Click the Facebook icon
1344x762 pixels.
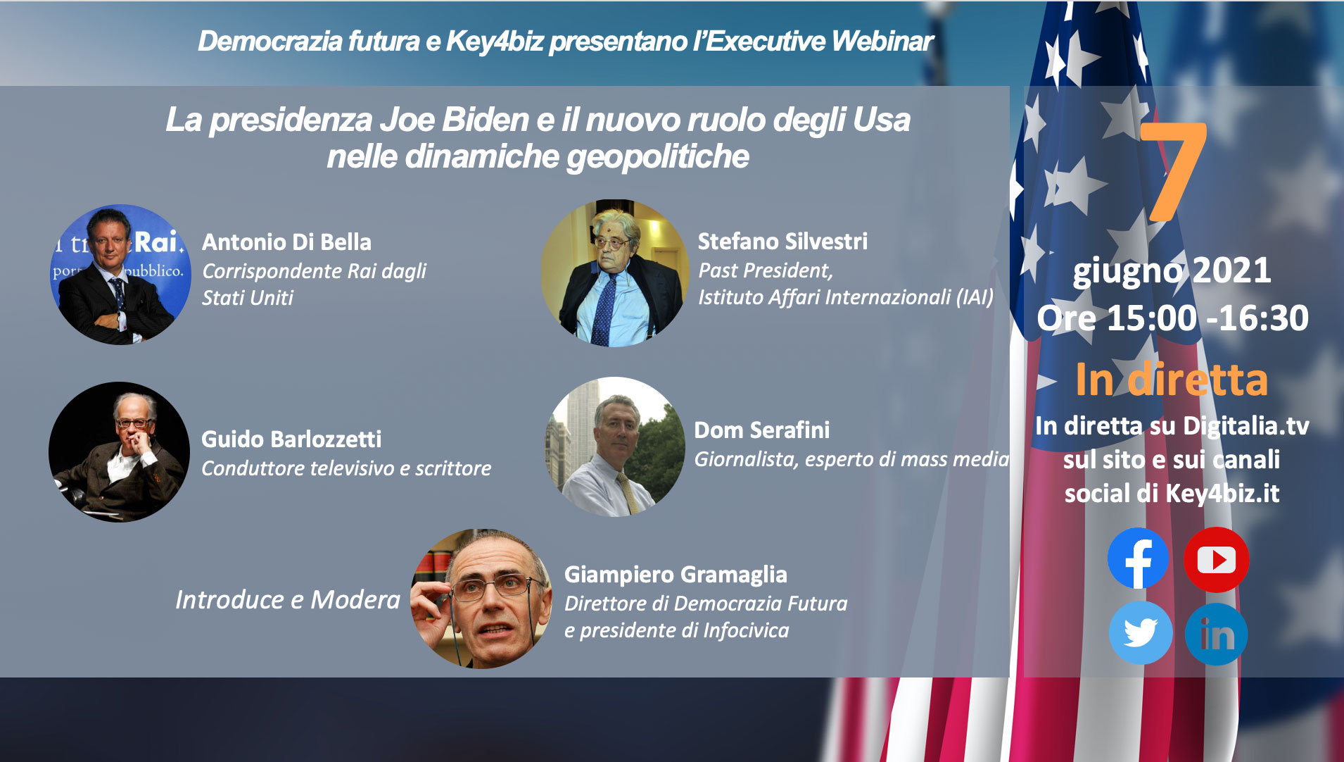tap(1138, 558)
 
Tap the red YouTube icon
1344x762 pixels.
tap(1216, 560)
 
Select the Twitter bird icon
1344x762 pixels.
tap(1141, 632)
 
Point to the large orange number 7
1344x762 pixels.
tap(1173, 171)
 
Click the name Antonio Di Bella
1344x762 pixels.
tap(286, 242)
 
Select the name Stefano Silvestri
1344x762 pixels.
tap(782, 242)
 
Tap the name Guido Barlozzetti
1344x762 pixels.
tap(291, 439)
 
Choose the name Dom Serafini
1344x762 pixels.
tap(761, 430)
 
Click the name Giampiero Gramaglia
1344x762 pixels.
tap(676, 575)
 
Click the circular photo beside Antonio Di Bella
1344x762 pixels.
tap(120, 275)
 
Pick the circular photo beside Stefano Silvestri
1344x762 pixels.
tap(615, 273)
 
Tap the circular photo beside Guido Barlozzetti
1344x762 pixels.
tap(119, 452)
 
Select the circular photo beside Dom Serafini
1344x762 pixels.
tap(615, 447)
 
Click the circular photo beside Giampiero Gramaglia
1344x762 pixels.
tap(481, 599)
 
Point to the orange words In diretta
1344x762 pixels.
tap(1172, 380)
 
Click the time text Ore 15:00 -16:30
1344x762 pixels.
tap(1172, 318)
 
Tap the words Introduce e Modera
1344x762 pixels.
tap(287, 600)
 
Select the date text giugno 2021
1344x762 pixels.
tap(1172, 271)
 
